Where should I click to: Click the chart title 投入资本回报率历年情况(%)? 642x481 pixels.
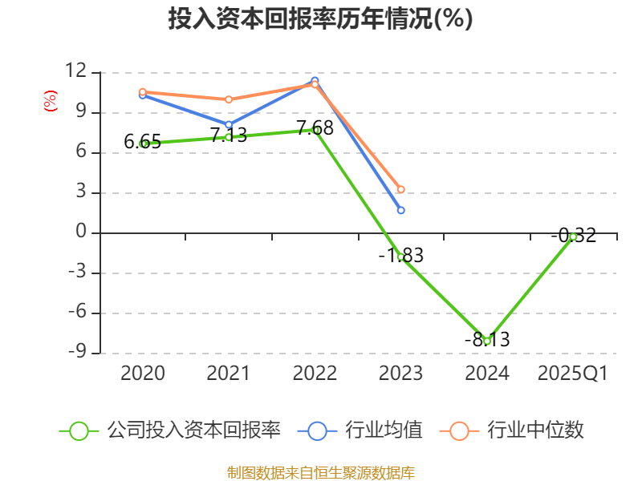[320, 19]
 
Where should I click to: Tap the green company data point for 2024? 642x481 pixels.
[487, 341]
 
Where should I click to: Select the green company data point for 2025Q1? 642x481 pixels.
[573, 236]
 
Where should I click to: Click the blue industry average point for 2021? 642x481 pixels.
[229, 125]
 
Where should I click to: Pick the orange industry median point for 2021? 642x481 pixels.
[229, 99]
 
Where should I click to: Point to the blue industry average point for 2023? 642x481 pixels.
[401, 210]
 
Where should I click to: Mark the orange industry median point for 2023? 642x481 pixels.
[401, 190]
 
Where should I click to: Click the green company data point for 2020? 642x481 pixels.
[143, 143]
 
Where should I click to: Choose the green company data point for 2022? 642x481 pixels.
[315, 130]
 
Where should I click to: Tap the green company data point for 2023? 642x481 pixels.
[401, 257]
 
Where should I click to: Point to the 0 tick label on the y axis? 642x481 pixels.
[80, 232]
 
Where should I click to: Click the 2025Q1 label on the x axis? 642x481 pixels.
[573, 374]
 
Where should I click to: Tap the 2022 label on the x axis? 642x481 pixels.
[315, 374]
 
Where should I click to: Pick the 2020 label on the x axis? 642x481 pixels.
[143, 374]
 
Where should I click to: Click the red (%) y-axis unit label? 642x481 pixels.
[51, 102]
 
